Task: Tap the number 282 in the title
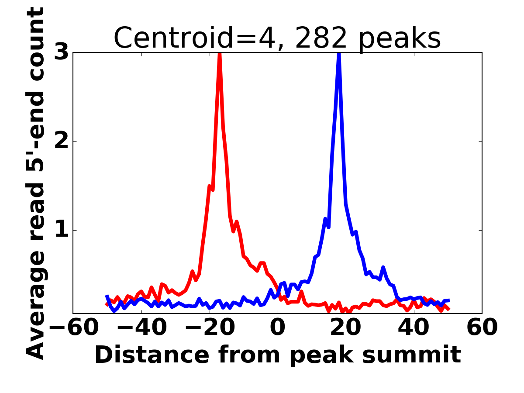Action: click(321, 38)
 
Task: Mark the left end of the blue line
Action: click(107, 296)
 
